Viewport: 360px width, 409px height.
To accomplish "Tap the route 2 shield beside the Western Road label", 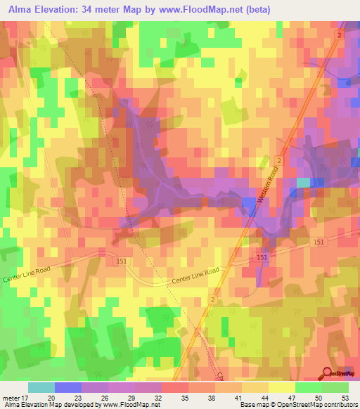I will click(x=279, y=161).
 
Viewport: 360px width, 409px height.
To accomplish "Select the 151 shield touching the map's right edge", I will click(x=319, y=242).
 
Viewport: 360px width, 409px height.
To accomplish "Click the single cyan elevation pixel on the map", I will click(x=303, y=183).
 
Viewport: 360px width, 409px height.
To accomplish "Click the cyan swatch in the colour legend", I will click(x=41, y=387).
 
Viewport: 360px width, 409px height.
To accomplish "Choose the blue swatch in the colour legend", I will click(x=67, y=387).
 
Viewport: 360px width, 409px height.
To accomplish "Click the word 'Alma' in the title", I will click(x=22, y=8).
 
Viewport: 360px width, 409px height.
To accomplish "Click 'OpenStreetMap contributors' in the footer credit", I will click(x=313, y=405).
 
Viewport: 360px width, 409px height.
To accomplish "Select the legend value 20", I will click(x=52, y=396).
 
